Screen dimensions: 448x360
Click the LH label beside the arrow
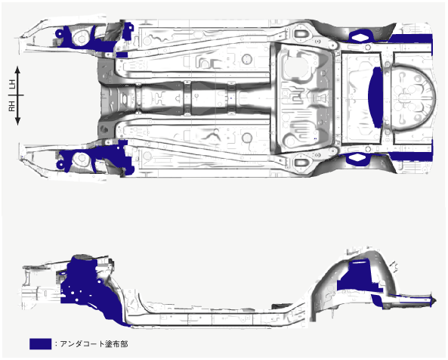11,85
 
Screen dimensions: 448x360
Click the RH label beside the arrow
11,106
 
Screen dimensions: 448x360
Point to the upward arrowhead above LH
17,70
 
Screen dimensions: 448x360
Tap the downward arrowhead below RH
17,122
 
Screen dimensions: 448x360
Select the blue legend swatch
40,344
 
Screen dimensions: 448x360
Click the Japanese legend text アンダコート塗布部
94,344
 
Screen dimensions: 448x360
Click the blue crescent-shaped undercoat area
375,98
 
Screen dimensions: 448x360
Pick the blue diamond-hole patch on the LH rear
361,36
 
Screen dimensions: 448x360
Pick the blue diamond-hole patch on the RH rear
357,159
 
